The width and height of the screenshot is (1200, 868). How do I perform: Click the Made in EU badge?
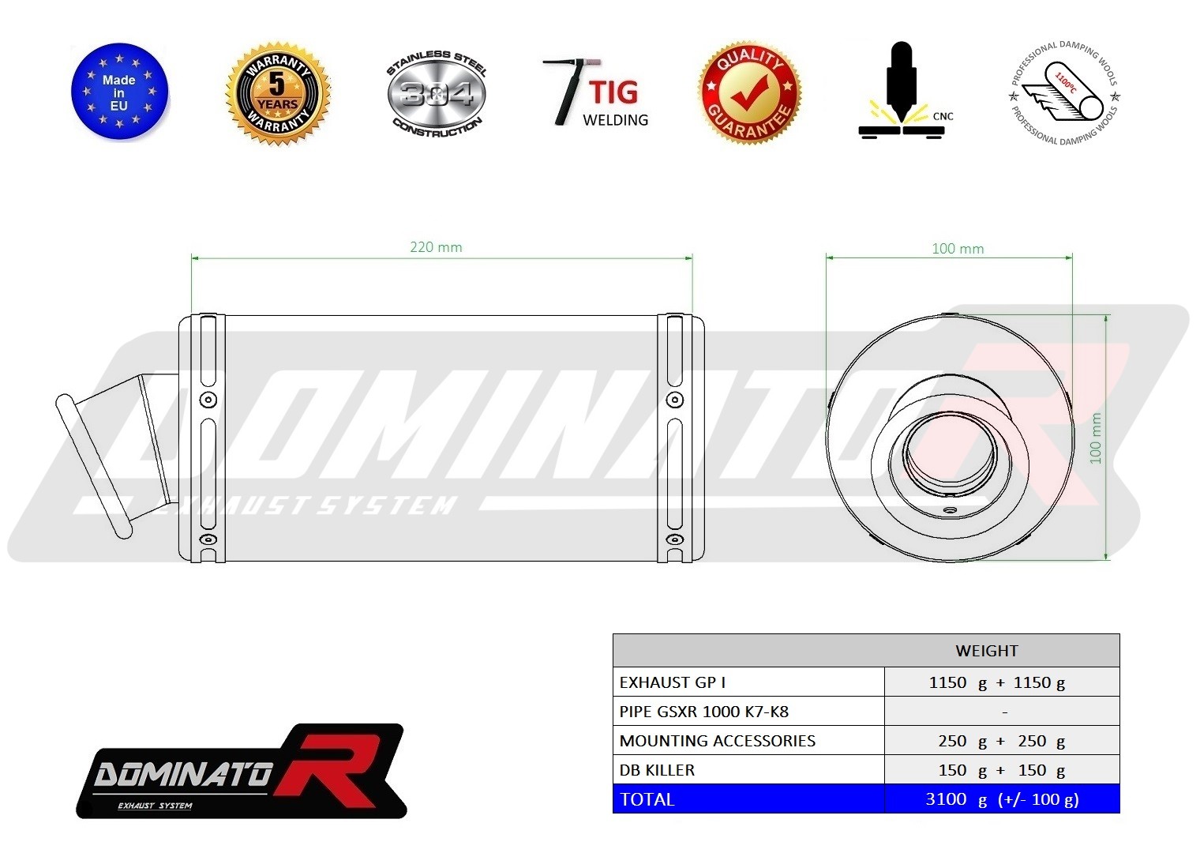(x=119, y=92)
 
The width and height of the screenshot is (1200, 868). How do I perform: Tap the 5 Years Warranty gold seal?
(x=278, y=93)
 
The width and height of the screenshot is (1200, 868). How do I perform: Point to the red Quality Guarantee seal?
(x=749, y=93)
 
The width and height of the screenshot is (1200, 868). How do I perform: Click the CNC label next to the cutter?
(x=943, y=116)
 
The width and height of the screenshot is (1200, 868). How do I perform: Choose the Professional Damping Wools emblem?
(x=1064, y=92)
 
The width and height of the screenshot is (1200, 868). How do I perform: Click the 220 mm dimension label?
(x=436, y=247)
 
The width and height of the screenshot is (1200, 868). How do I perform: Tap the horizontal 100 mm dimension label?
(x=958, y=249)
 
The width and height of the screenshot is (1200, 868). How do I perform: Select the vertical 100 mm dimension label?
(x=1096, y=438)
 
